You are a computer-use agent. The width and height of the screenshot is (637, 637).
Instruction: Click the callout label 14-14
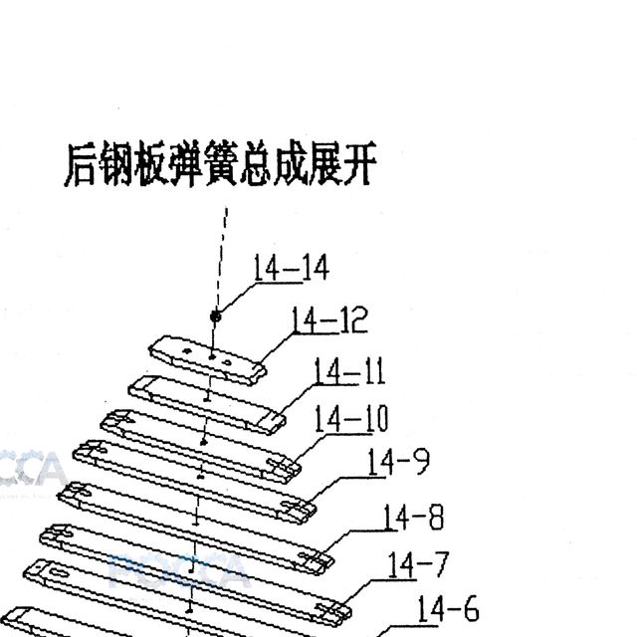[291, 268]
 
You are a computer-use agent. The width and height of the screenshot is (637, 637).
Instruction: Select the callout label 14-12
[329, 320]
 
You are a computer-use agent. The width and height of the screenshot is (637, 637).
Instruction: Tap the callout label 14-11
[349, 371]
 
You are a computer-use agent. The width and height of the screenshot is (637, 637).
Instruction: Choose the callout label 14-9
[398, 462]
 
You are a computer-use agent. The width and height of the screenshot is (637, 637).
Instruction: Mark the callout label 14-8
[414, 517]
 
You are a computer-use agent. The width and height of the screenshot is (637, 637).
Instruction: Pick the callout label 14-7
[418, 564]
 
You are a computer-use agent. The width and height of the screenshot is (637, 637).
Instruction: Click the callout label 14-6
[448, 608]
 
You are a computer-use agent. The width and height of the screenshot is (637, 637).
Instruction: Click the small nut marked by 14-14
[216, 317]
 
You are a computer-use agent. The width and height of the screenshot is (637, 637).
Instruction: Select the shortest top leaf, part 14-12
[208, 360]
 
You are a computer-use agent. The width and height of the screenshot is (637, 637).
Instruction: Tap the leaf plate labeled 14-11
[207, 405]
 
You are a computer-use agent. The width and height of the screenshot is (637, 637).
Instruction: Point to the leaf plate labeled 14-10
[201, 447]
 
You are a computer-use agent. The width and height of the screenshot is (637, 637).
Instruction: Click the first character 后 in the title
[81, 164]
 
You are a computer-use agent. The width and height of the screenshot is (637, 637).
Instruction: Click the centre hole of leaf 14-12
[212, 357]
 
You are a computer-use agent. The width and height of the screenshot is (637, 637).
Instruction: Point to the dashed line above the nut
[222, 259]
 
